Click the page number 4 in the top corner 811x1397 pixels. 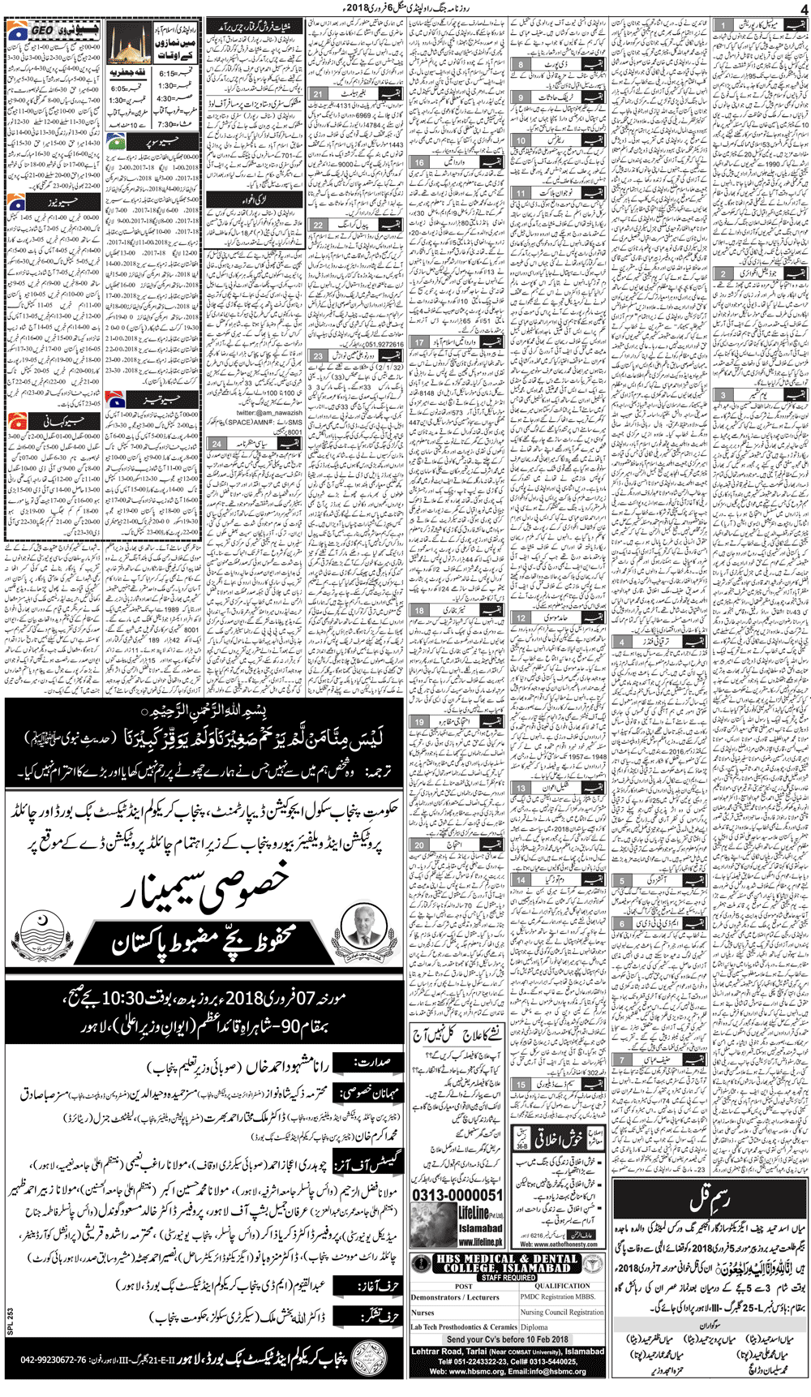tap(802, 7)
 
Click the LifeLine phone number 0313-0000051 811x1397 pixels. tap(458, 1195)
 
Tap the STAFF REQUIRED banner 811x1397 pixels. tap(507, 1277)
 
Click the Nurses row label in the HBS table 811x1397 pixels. tap(424, 1312)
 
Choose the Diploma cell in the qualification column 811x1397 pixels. tap(534, 1327)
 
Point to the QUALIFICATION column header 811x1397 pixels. tap(562, 1286)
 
